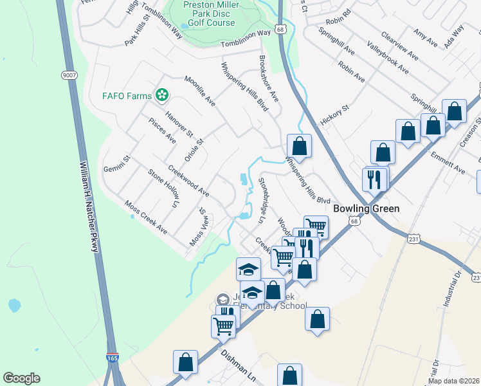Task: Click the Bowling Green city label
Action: (367, 208)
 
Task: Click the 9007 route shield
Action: (70, 75)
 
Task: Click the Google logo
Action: (21, 378)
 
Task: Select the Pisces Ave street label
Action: (161, 130)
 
